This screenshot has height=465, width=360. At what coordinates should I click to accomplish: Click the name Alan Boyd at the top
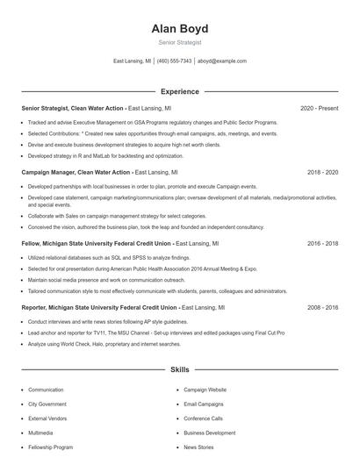coord(179,28)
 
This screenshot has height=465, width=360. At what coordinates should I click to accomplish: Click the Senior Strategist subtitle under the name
coord(179,41)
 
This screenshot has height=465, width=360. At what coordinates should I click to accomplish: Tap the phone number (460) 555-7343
coord(174,61)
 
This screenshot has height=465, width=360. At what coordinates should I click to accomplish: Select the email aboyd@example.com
coord(221,61)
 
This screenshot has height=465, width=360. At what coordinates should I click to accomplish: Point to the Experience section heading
coord(179,91)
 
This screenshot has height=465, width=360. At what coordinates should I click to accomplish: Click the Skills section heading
coord(179,370)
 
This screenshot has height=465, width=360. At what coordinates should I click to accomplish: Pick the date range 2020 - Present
coord(319,108)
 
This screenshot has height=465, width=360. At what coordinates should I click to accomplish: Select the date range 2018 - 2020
coord(322,173)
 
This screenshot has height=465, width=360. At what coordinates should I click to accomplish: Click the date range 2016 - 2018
coord(322,243)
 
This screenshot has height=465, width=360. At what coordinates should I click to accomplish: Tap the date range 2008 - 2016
coord(322,308)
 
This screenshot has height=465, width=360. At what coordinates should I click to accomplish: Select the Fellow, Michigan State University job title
coord(97,243)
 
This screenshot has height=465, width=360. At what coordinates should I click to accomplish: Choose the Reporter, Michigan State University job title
coord(99,308)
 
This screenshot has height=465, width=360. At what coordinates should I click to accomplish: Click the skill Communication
coord(46,390)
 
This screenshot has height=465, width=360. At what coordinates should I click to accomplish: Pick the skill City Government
coord(47,404)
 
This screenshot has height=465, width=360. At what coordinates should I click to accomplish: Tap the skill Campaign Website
coord(205,390)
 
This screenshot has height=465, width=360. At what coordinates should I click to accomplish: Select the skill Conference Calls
coord(203,418)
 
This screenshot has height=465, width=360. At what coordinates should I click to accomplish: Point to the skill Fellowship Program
coord(50,447)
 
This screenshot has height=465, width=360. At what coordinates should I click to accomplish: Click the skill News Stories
coord(198,447)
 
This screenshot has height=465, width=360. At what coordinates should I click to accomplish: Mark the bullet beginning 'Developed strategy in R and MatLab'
coord(96,155)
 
